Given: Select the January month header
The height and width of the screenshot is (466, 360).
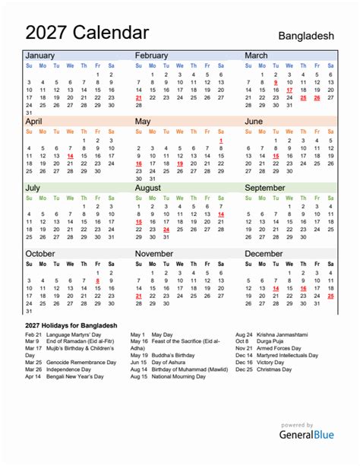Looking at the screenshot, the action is coord(42,55).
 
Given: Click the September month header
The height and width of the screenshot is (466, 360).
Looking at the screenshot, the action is coord(265,188).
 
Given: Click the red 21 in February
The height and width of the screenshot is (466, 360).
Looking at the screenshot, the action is coord(138,98).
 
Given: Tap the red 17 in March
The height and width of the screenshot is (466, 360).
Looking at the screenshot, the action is coord(289,89).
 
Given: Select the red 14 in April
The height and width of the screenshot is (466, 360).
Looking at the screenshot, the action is coord(70,155).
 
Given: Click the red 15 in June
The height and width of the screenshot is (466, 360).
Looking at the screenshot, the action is coord(276,155).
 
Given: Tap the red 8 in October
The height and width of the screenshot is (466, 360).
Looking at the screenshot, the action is coord(97,281).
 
